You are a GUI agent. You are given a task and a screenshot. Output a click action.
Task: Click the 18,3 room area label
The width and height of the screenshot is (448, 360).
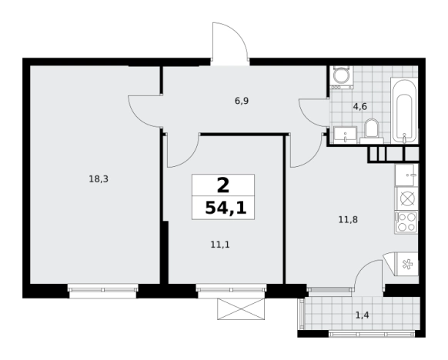click(99, 179)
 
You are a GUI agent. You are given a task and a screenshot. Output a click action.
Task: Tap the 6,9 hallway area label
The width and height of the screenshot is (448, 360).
click(242, 101)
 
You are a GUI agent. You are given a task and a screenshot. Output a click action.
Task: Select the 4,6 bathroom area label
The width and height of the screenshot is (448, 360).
click(360, 106)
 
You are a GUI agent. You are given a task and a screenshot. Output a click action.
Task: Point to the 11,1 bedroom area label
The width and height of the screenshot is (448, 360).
click(220, 245)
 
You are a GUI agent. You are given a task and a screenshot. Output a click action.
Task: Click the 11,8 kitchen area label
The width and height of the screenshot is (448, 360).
click(348, 220)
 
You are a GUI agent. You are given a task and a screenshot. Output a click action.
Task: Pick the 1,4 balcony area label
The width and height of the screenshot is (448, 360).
click(362, 315)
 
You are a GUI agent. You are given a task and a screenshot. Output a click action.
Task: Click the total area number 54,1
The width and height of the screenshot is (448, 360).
click(226, 208)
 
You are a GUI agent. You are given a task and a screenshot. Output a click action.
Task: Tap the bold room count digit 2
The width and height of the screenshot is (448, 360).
click(223, 185)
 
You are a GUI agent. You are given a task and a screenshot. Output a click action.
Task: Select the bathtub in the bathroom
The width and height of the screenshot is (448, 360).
click(404, 111)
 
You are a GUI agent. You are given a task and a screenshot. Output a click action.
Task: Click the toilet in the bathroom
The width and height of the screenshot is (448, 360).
click(372, 131)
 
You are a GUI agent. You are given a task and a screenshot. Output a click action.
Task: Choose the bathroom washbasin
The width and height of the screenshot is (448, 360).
click(345, 135)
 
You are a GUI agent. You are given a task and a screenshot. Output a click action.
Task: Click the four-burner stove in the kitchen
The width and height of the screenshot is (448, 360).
click(406, 222)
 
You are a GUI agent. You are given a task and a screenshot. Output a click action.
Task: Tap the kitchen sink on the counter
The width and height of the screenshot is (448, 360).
click(406, 175)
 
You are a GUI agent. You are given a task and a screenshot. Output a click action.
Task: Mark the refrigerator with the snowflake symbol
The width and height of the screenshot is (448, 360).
click(406, 264)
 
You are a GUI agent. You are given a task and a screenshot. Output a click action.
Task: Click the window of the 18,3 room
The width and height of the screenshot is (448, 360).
click(103, 290)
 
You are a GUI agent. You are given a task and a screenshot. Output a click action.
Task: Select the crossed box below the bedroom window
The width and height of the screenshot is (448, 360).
click(242, 309)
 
